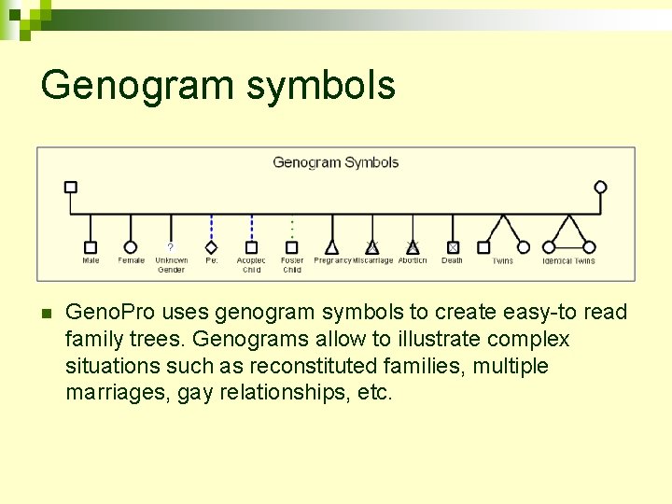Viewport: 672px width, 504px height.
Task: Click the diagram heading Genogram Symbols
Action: coord(335,162)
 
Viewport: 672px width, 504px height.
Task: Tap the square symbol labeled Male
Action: coord(91,247)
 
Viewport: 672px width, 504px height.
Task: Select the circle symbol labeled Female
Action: coord(131,247)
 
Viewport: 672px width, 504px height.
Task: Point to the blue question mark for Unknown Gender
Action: coord(170,246)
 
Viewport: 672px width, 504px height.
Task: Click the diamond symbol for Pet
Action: coord(211,247)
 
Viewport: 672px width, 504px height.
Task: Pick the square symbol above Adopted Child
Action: coord(251,247)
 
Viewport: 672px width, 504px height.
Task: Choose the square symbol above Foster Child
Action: coord(292,247)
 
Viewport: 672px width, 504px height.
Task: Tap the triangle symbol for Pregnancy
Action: coord(332,247)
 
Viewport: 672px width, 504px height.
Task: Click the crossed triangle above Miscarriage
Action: coord(372,247)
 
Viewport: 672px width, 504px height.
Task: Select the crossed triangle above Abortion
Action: coord(413,247)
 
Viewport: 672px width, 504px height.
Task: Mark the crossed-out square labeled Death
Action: coord(453,247)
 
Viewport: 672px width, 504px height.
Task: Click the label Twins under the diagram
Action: coord(503,261)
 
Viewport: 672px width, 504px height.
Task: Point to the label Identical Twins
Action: coord(568,261)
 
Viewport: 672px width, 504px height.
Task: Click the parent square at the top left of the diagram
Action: coord(70,187)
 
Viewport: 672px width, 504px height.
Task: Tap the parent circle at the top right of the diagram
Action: coord(600,187)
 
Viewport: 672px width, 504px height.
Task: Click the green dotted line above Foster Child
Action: coord(292,228)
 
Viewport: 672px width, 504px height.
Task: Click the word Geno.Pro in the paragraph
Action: coord(105,313)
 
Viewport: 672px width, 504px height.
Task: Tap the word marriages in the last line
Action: coord(109,393)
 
